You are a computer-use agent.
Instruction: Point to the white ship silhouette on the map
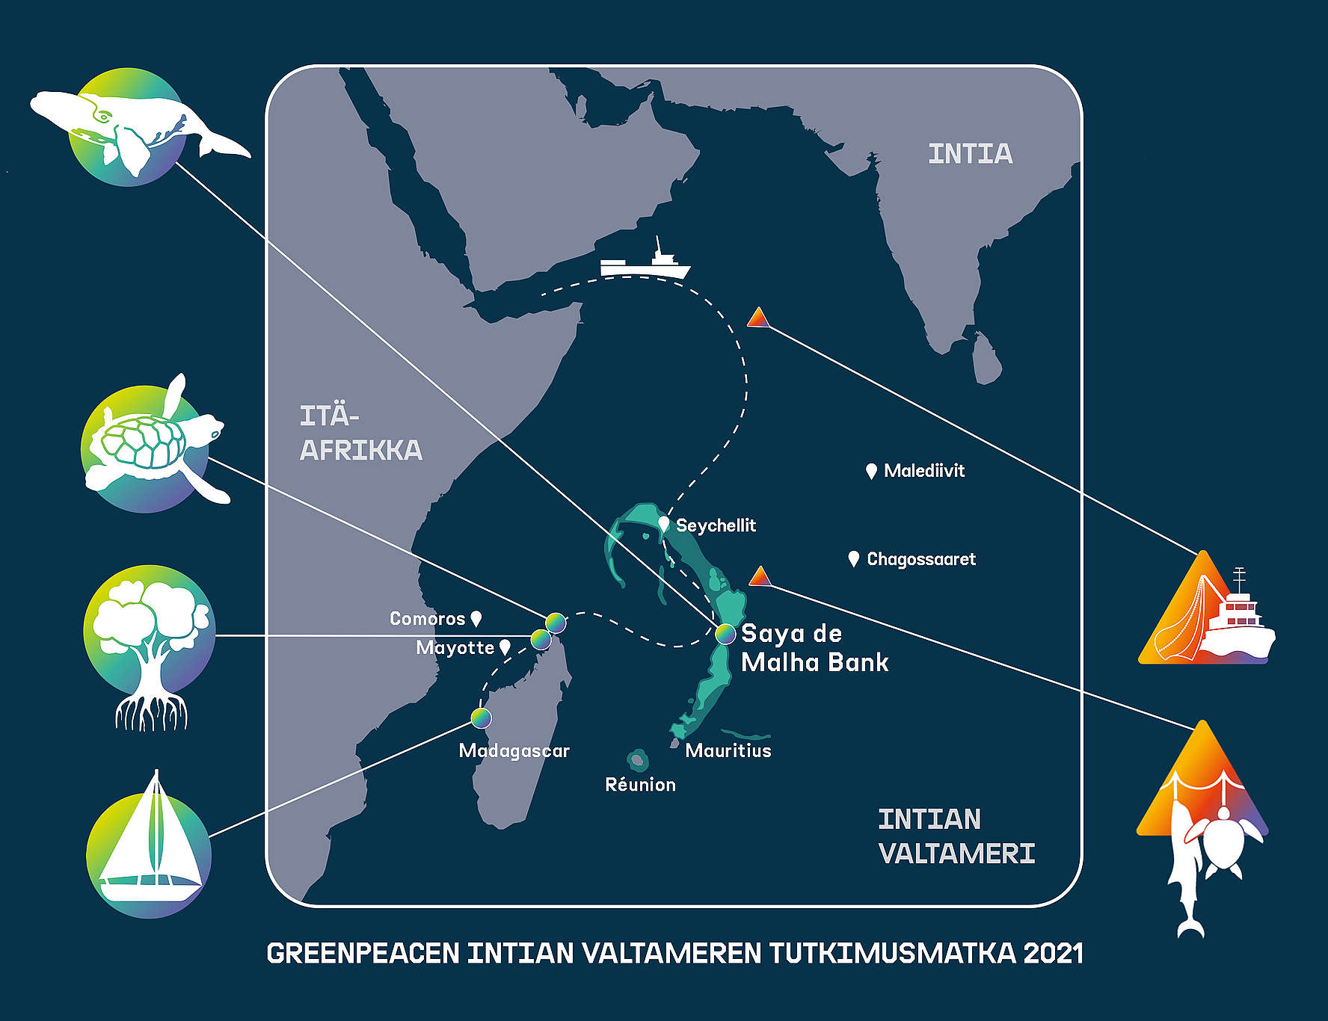coord(645,262)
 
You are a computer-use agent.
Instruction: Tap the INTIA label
coord(970,154)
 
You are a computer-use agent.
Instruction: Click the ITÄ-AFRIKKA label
coord(360,434)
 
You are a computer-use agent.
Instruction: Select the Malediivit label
coord(924,471)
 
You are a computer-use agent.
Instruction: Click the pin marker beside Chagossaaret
coord(854,558)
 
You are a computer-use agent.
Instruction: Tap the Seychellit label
coord(716,525)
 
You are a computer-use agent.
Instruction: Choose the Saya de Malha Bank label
coord(814,648)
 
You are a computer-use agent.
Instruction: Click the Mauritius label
coord(728,750)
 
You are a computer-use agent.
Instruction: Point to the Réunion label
coord(640,785)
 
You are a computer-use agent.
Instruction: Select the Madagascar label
coord(514,750)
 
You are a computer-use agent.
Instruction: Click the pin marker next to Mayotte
coord(505,647)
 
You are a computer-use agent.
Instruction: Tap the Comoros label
coord(427,619)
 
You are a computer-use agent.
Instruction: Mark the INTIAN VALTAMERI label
coord(956,836)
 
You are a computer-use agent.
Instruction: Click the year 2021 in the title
coord(1053,954)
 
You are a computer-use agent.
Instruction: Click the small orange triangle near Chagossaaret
coord(760,577)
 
